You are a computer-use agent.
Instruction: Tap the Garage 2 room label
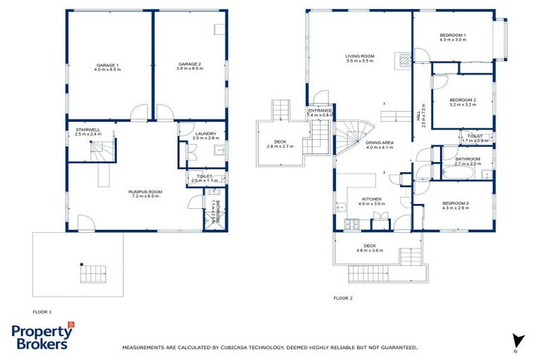(x=190, y=66)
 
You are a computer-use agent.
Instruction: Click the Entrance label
(x=319, y=112)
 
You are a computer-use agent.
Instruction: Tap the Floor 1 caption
(x=42, y=311)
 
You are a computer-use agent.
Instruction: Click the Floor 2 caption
(x=342, y=298)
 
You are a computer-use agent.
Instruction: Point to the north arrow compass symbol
(x=518, y=341)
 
